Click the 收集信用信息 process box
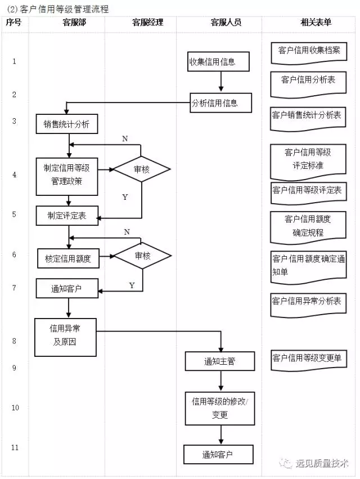click(218, 62)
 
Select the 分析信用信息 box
click(220, 103)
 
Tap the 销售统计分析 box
click(67, 124)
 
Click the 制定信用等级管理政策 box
click(67, 177)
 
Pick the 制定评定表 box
click(67, 216)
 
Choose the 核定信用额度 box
click(69, 258)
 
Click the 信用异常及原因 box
click(65, 337)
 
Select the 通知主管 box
click(220, 361)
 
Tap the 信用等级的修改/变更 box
click(220, 409)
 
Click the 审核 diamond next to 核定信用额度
click(143, 256)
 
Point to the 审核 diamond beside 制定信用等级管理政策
click(141, 169)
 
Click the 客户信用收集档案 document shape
click(309, 53)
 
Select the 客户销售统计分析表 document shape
click(308, 119)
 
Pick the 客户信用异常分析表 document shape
click(308, 305)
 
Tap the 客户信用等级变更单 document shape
click(309, 360)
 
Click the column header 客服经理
click(148, 23)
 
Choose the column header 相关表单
click(316, 23)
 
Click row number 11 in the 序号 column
click(15, 447)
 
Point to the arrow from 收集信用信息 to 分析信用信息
click(220, 82)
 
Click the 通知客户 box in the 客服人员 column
click(219, 455)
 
